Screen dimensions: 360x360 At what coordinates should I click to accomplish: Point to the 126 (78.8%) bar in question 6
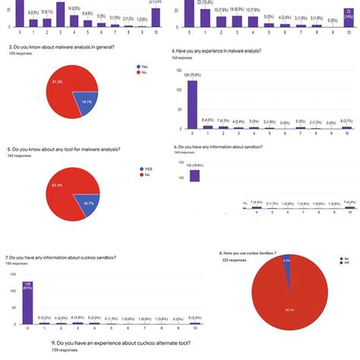(x=194, y=175)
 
